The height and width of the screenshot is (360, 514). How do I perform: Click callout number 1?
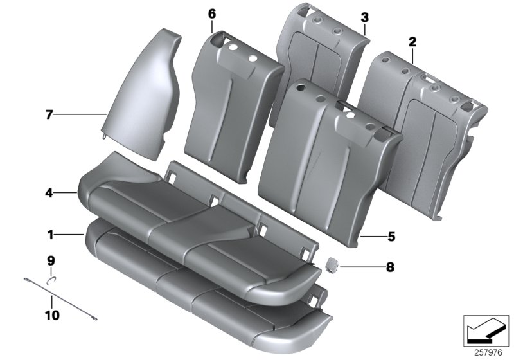pyautogui.click(x=50, y=235)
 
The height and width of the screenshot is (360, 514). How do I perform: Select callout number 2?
pyautogui.click(x=412, y=42)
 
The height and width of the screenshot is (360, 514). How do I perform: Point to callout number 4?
pyautogui.click(x=50, y=192)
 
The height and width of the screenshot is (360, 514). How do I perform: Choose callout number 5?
pyautogui.click(x=391, y=237)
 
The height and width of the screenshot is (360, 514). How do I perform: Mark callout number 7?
pyautogui.click(x=49, y=115)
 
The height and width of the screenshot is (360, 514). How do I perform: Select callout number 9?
pyautogui.click(x=51, y=261)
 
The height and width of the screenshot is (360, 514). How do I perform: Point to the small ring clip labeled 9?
pyautogui.click(x=51, y=278)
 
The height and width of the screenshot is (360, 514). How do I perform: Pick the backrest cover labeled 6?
pyautogui.click(x=231, y=96)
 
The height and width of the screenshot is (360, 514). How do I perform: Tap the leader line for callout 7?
pyautogui.click(x=81, y=115)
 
